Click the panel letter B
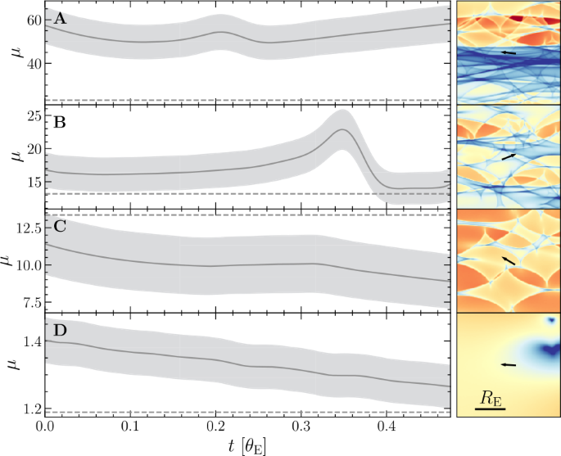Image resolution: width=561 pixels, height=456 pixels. pyautogui.click(x=59, y=124)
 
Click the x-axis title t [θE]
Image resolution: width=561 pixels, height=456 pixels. pyautogui.click(x=247, y=445)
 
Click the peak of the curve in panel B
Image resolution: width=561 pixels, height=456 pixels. pyautogui.click(x=342, y=130)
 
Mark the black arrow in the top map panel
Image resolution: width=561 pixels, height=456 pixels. pyautogui.click(x=509, y=52)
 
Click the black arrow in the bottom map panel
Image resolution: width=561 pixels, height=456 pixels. pyautogui.click(x=509, y=365)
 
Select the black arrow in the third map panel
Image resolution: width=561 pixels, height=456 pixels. pyautogui.click(x=509, y=260)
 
